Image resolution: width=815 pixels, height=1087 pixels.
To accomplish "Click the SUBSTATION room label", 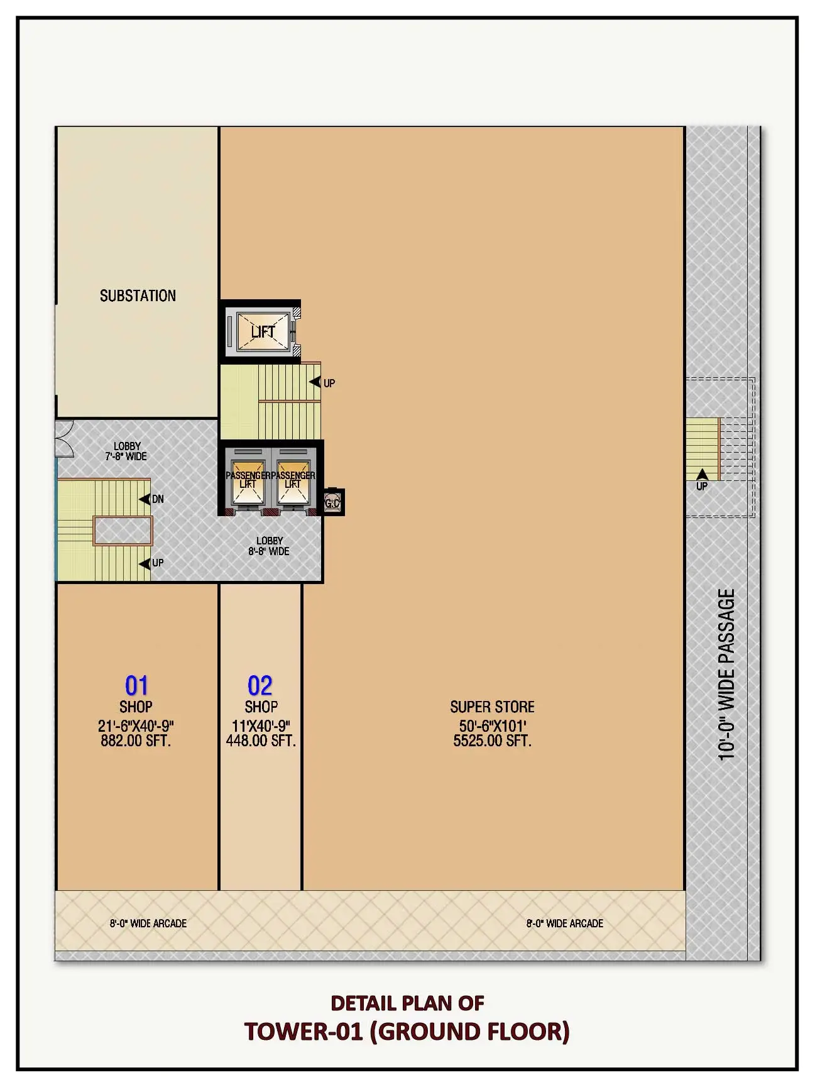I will (x=138, y=295).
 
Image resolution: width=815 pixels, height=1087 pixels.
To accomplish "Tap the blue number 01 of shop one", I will (x=136, y=685).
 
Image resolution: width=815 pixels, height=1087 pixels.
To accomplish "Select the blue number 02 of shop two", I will (x=260, y=685).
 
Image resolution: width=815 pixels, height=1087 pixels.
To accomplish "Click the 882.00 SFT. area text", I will (x=136, y=741).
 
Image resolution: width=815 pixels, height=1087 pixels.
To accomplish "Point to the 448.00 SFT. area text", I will (x=261, y=741).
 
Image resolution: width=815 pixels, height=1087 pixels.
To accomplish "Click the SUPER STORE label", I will (x=492, y=707).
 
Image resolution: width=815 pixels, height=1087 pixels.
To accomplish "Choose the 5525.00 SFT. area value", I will (x=492, y=741).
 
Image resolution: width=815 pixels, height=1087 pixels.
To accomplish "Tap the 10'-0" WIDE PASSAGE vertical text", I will (x=726, y=675).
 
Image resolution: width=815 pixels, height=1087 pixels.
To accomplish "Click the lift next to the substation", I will (x=262, y=331).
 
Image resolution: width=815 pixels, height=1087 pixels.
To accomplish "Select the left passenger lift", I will (x=248, y=481).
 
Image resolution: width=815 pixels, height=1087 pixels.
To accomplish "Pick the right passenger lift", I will (x=293, y=481).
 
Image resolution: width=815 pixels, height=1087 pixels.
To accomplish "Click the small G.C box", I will (x=332, y=502).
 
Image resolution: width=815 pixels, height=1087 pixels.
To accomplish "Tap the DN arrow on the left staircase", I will (x=145, y=499).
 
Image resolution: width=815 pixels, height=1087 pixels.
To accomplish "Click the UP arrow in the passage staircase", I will (x=702, y=475).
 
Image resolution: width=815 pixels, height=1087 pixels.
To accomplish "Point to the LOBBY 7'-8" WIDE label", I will (x=126, y=451).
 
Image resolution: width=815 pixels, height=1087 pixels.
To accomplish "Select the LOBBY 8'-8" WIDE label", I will (x=269, y=546).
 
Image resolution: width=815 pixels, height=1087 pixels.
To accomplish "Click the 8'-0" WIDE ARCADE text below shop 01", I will (x=148, y=924).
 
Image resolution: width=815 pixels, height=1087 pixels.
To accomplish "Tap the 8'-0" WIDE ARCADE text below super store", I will (x=564, y=924).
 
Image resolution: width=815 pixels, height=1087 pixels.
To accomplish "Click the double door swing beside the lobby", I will (x=65, y=438).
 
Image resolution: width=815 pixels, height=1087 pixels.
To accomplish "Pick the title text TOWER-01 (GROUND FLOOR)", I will (x=407, y=1032).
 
